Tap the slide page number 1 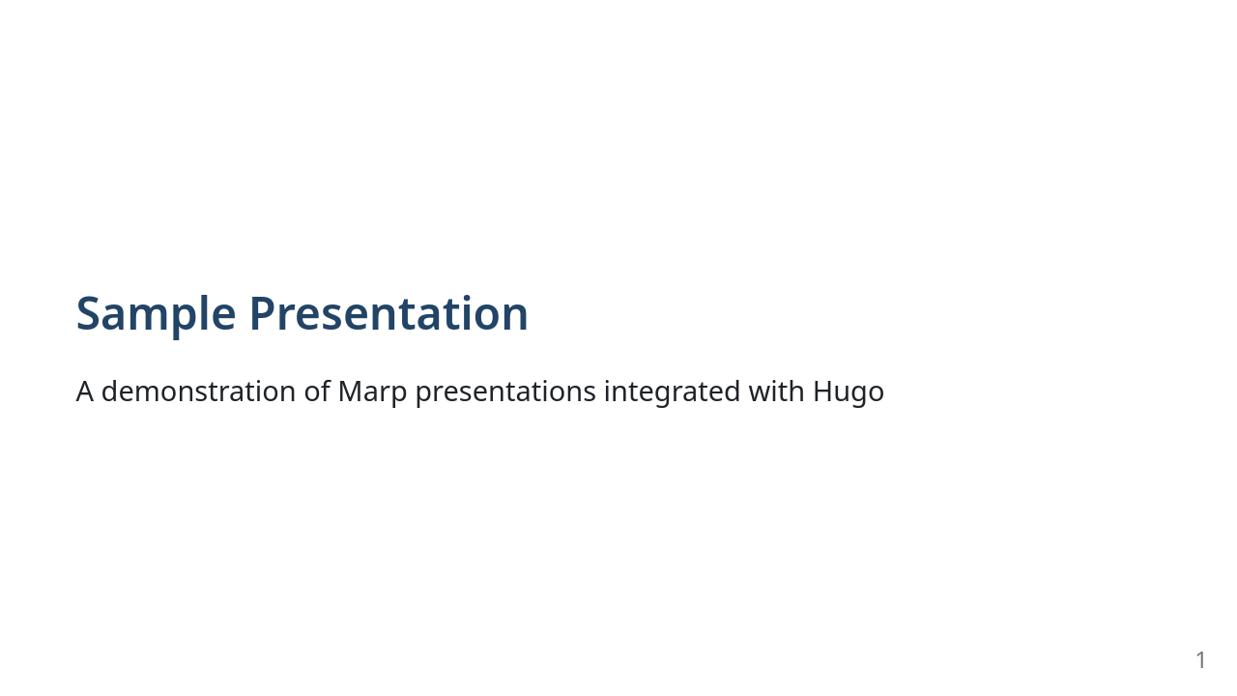1200,660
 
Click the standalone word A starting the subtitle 85,391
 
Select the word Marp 372,391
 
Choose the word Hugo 848,391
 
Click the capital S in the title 89,314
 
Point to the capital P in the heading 262,314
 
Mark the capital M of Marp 349,391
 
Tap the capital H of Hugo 823,391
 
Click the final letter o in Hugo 876,392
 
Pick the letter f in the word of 326,391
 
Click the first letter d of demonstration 109,391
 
